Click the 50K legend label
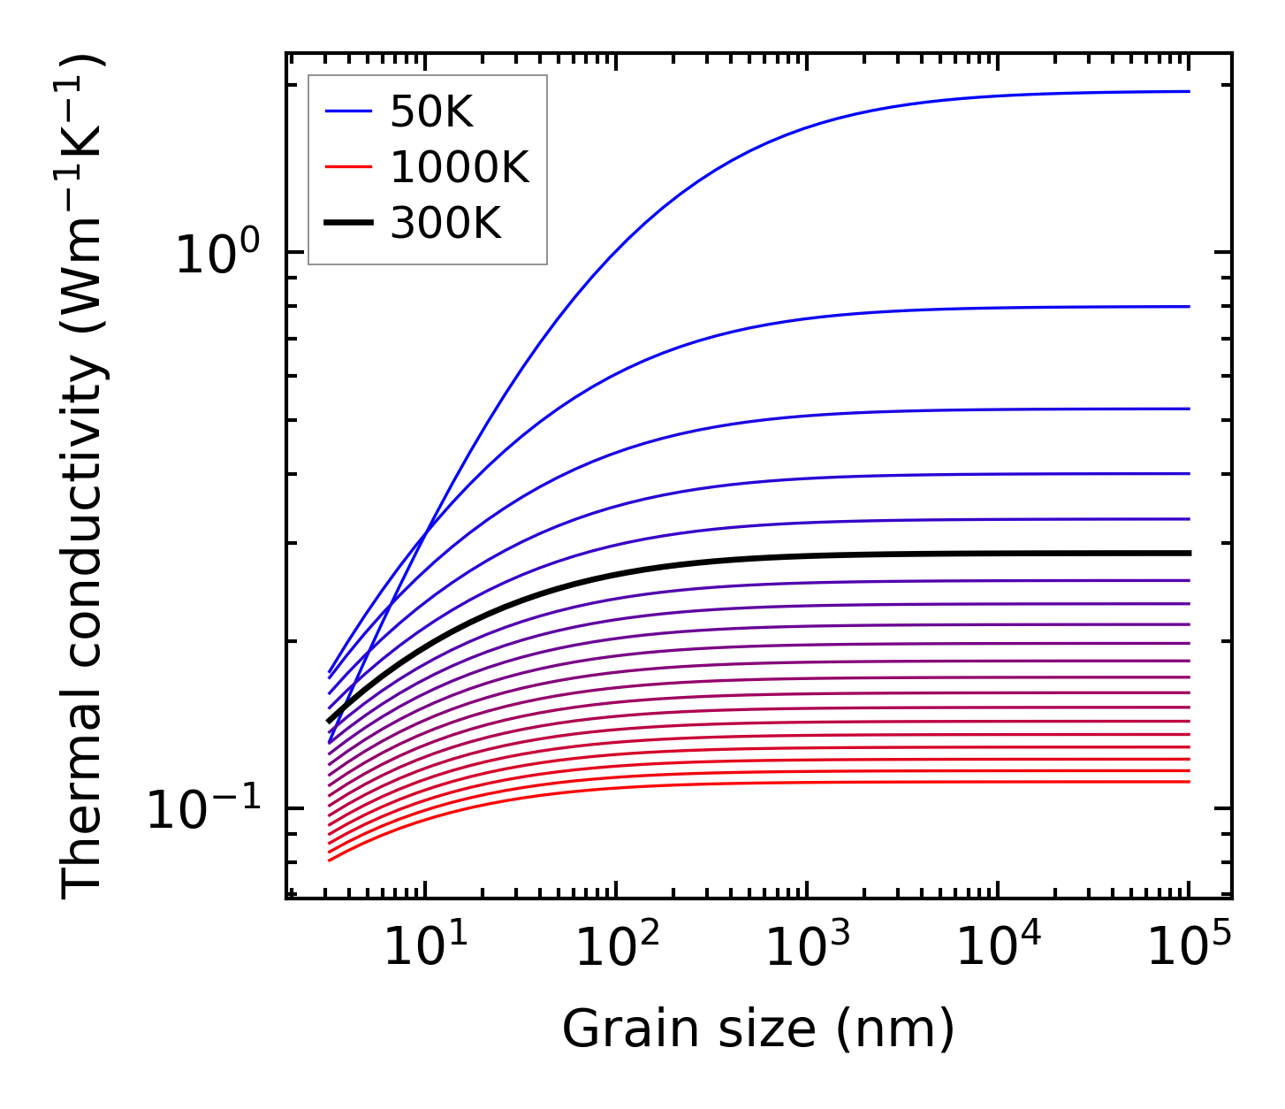(x=431, y=112)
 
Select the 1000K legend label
(x=460, y=168)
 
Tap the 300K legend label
(x=445, y=224)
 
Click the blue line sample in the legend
(x=348, y=112)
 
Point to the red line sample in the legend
(x=348, y=168)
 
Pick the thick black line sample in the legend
(x=348, y=224)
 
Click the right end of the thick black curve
(x=1190, y=553)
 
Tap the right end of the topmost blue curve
(x=1190, y=91)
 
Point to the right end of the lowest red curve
(x=1190, y=782)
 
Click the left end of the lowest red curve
(x=329, y=860)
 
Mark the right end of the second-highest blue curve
(x=1190, y=307)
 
